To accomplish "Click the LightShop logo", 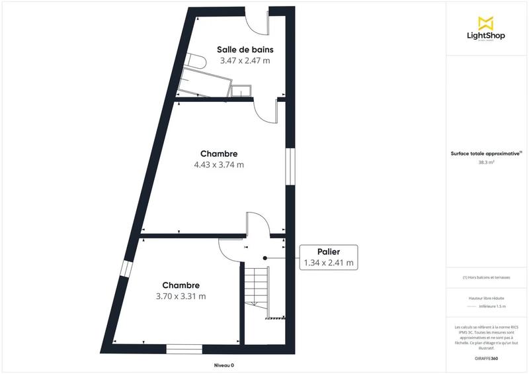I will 486,30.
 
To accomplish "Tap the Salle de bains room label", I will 245,49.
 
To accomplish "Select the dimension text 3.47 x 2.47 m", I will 245,60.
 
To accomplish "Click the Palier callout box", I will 329,257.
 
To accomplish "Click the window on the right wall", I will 289,165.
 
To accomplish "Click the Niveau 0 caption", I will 224,365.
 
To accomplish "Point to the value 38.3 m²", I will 487,161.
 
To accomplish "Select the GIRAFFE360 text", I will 486,358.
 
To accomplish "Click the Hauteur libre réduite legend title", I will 487,298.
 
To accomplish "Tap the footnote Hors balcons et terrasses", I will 487,277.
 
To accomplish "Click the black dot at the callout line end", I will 264,257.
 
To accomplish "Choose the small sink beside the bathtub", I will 241,90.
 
